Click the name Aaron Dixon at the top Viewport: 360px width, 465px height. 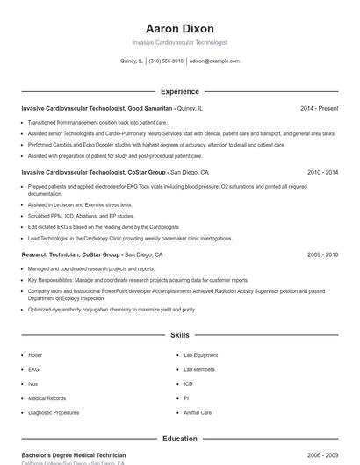pyautogui.click(x=180, y=28)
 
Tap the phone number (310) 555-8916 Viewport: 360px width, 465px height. pyautogui.click(x=166, y=61)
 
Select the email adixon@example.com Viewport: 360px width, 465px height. pyautogui.click(x=214, y=61)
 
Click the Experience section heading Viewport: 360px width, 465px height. pyautogui.click(x=180, y=91)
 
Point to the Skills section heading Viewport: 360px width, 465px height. pyautogui.click(x=180, y=335)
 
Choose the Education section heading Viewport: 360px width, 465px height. pyautogui.click(x=180, y=439)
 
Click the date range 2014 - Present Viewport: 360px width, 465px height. pyautogui.click(x=319, y=108)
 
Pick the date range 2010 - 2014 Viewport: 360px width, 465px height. pyautogui.click(x=322, y=173)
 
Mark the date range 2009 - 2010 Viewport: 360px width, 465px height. pyautogui.click(x=322, y=254)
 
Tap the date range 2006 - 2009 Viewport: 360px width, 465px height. pyautogui.click(x=322, y=455)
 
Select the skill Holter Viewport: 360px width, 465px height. pyautogui.click(x=35, y=355)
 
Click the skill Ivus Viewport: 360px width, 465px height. pyautogui.click(x=33, y=383)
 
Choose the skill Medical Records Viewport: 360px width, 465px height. pyautogui.click(x=47, y=398)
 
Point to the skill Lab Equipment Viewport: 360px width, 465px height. pyautogui.click(x=201, y=355)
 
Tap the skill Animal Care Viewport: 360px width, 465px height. pyautogui.click(x=198, y=412)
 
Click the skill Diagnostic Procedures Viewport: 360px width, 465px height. pyautogui.click(x=54, y=412)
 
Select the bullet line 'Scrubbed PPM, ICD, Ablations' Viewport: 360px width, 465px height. pyautogui.click(x=81, y=215)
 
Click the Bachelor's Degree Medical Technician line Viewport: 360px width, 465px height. pyautogui.click(x=74, y=455)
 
